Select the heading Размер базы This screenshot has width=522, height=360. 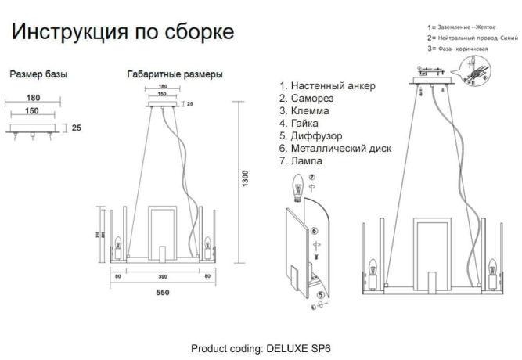(38, 74)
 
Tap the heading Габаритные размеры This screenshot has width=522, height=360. (175, 74)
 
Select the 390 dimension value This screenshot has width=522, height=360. (162, 276)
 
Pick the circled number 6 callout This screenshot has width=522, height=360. (314, 232)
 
